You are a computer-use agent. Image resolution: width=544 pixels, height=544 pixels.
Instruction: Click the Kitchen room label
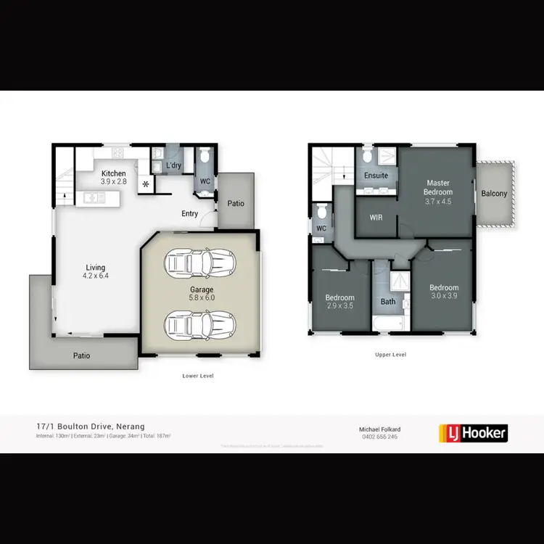click(x=114, y=173)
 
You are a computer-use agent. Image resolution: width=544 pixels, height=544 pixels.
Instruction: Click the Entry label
click(x=190, y=213)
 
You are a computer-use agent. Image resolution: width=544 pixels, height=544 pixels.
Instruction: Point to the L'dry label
click(x=173, y=166)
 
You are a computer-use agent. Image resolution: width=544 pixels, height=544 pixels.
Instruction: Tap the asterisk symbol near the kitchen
click(x=146, y=184)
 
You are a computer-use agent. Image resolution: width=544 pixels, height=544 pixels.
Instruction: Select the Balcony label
click(x=495, y=194)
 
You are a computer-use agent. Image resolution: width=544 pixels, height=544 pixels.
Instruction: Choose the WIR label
click(x=376, y=218)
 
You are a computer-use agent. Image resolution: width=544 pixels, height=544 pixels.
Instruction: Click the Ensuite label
click(x=376, y=176)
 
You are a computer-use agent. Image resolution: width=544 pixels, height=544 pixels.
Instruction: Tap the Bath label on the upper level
click(x=387, y=302)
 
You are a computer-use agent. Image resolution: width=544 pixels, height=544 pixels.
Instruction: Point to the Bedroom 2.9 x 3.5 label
click(x=339, y=302)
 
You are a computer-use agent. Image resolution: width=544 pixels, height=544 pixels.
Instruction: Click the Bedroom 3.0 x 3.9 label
click(x=444, y=292)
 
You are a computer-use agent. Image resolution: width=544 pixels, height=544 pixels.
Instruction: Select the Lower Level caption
click(x=198, y=376)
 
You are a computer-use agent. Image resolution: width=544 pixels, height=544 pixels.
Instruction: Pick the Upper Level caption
click(x=390, y=355)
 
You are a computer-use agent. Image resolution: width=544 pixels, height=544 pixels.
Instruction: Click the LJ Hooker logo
click(x=474, y=433)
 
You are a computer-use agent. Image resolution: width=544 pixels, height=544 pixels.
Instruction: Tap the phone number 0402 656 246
click(x=379, y=437)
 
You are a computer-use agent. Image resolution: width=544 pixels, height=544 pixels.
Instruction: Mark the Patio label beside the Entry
click(x=236, y=203)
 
